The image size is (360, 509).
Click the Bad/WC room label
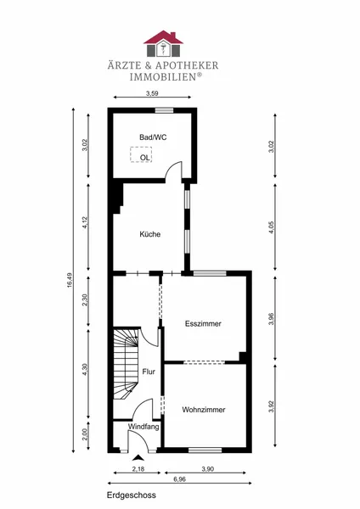[153, 137]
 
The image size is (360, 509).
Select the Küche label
[150, 234]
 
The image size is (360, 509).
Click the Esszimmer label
[203, 324]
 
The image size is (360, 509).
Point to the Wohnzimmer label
[204, 410]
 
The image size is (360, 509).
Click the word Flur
[149, 372]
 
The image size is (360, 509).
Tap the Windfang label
[143, 427]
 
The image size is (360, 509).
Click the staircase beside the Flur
[126, 364]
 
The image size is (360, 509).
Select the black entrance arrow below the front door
[138, 458]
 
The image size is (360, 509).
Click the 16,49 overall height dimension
[70, 280]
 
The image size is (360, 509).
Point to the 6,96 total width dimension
[180, 479]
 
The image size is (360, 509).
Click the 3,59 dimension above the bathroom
[152, 93]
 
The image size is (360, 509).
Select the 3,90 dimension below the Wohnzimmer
[207, 469]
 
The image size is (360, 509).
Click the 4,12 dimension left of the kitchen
[85, 222]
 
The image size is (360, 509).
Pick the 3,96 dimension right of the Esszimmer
[272, 318]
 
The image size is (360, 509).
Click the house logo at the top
[163, 44]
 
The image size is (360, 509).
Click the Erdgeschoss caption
[132, 495]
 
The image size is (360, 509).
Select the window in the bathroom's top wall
[164, 110]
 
